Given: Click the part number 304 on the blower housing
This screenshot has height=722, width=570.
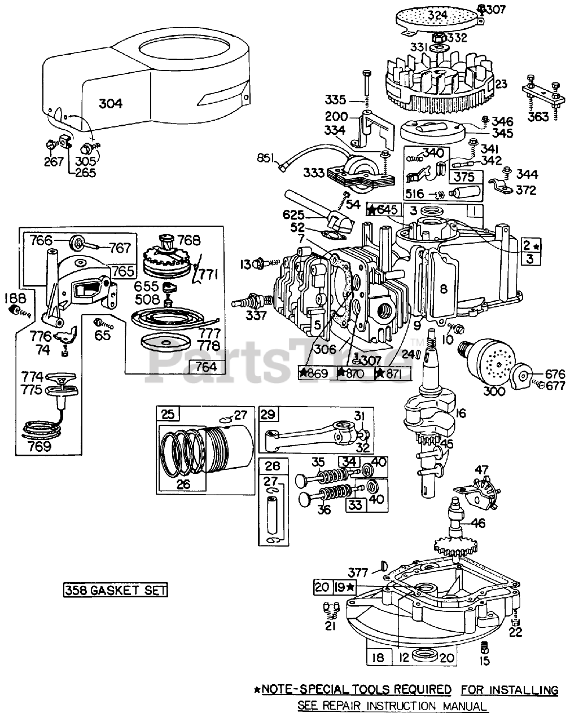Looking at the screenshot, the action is click(111, 103).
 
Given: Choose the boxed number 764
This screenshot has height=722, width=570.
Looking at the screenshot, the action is click(207, 367).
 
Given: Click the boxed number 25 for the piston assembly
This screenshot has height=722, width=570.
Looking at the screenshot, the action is click(168, 414).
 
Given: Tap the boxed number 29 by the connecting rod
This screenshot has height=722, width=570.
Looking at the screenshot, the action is click(268, 415).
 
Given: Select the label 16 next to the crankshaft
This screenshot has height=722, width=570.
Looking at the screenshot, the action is click(461, 413).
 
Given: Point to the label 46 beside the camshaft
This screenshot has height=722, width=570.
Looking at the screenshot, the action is click(479, 523).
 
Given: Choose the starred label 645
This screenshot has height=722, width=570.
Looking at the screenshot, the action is click(384, 210).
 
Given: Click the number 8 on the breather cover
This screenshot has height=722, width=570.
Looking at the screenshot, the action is click(444, 289).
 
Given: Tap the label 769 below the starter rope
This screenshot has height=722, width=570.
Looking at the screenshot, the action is click(40, 446).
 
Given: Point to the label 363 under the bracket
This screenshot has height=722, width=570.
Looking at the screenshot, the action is click(538, 117).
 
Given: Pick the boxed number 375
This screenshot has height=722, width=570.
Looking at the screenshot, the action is click(464, 177).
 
